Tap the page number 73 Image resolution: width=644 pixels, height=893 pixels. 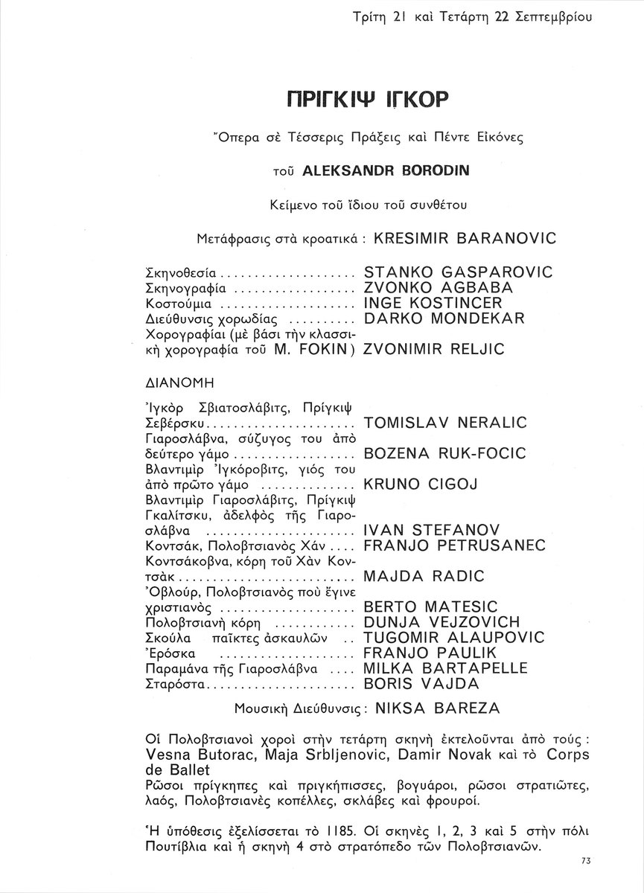click(x=584, y=860)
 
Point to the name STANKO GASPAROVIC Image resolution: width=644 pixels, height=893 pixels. click(x=457, y=272)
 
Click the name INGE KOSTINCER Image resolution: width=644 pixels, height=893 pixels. click(x=433, y=304)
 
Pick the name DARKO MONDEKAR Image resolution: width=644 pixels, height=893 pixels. click(x=444, y=319)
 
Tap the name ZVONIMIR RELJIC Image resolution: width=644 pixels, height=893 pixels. click(x=433, y=349)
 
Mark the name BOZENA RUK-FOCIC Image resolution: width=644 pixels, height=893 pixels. click(x=444, y=453)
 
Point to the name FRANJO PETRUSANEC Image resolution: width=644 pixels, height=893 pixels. click(x=455, y=545)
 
